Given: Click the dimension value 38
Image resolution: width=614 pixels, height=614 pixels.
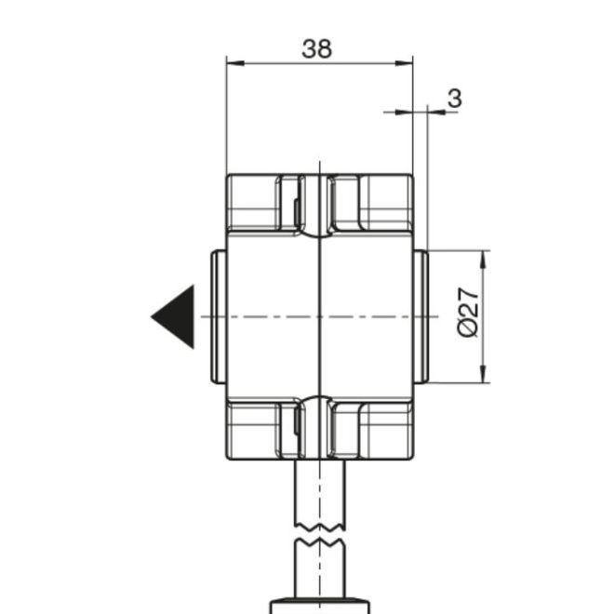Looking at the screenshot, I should [317, 48].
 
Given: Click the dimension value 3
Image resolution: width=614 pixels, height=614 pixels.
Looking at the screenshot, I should [454, 99].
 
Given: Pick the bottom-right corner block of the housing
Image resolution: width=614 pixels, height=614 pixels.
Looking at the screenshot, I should [386, 430].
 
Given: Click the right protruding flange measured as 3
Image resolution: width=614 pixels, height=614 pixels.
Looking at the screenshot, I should [420, 316].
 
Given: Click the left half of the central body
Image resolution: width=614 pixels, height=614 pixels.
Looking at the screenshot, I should [273, 316].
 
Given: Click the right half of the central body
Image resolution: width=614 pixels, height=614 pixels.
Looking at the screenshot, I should [367, 316].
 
